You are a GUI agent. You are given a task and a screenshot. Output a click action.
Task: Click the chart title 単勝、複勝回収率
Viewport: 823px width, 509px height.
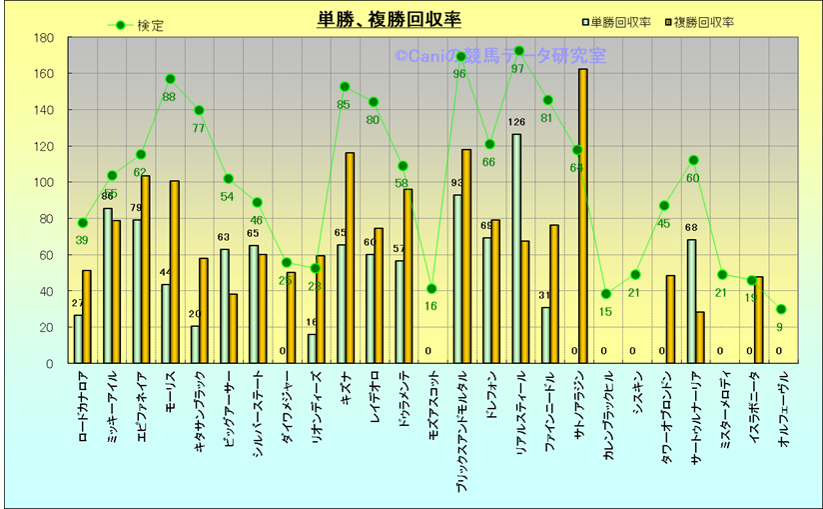[389, 20]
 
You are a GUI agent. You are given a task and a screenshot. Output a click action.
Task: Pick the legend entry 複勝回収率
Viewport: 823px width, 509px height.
[704, 22]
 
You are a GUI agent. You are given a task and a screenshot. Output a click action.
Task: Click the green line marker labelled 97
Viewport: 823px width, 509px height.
[519, 50]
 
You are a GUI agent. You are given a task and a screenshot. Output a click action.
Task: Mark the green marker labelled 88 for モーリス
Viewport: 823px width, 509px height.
[170, 79]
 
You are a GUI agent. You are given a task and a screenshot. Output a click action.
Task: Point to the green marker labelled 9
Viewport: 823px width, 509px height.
[781, 309]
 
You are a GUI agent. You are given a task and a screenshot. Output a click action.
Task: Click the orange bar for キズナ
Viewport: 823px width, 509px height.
[350, 258]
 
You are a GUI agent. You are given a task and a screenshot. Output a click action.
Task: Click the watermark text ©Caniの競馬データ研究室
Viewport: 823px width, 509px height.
[499, 57]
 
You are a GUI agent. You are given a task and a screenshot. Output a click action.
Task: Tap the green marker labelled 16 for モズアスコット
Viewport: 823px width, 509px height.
[431, 289]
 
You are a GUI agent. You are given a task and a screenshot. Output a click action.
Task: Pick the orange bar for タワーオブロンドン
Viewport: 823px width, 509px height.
[671, 319]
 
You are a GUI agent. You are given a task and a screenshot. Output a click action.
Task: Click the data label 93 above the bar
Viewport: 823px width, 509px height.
[457, 183]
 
